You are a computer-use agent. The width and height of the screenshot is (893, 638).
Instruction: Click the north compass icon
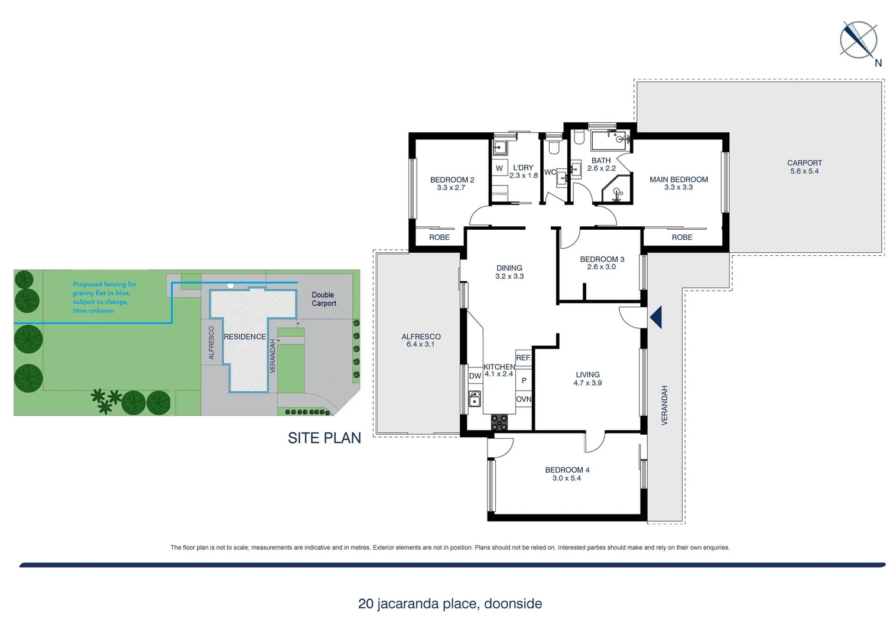(858, 40)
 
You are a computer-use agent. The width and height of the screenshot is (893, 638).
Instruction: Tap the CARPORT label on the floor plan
(804, 167)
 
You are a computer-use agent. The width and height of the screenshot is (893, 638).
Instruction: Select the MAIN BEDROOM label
(678, 183)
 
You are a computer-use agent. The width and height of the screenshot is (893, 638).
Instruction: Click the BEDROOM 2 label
(452, 184)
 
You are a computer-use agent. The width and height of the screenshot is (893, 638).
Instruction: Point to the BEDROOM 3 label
(602, 263)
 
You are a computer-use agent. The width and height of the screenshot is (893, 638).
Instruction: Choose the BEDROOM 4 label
(567, 474)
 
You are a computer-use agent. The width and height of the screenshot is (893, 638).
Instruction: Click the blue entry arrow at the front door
(655, 317)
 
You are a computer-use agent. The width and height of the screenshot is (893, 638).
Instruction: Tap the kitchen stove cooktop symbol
(499, 422)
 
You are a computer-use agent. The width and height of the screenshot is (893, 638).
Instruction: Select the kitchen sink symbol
(474, 399)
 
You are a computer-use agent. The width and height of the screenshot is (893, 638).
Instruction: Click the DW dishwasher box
(475, 376)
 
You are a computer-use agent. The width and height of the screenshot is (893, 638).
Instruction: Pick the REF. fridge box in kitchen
(523, 358)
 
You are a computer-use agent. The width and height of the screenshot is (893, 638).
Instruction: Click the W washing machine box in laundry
(499, 168)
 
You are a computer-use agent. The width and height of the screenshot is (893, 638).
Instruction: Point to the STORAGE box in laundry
(499, 194)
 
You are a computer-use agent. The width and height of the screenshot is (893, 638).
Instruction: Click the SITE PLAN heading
(324, 438)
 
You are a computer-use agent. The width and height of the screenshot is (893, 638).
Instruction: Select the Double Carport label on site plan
(323, 299)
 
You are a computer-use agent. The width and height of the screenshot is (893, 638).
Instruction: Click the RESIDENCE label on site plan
(245, 337)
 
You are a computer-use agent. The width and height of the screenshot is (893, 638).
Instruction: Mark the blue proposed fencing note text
(104, 297)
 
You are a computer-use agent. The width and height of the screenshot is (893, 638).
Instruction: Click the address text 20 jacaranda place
(450, 604)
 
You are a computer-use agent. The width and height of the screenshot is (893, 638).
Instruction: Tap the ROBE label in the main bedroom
(681, 237)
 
